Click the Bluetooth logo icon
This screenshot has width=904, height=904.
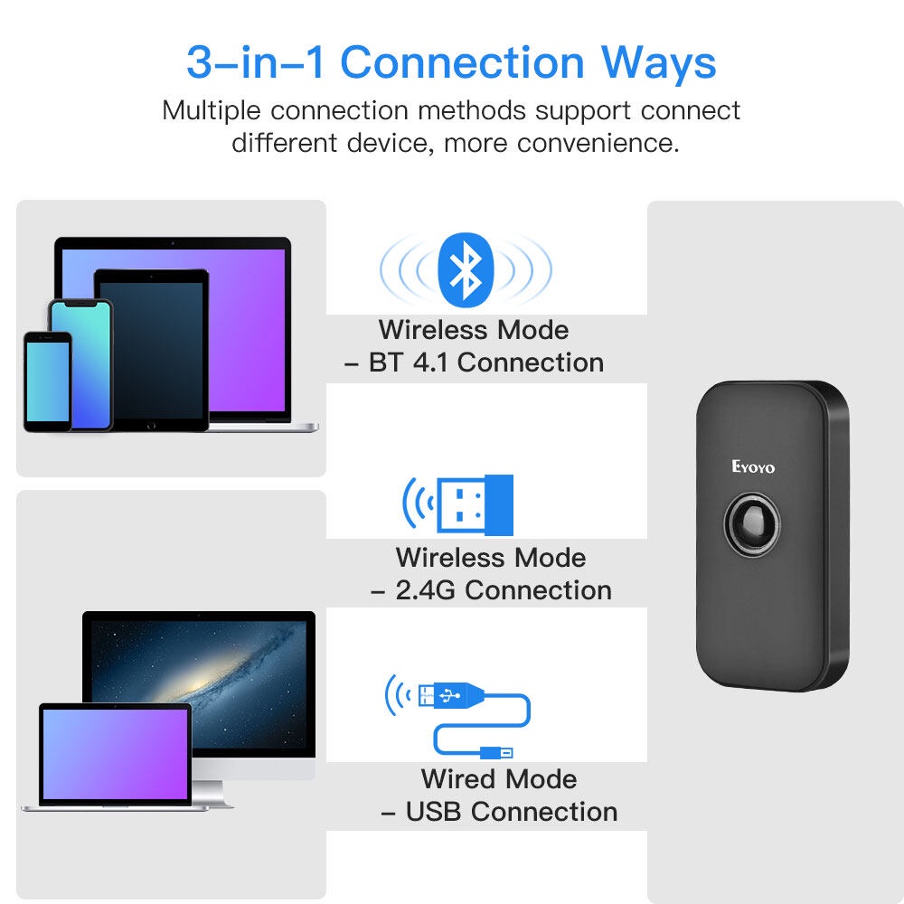point(466,269)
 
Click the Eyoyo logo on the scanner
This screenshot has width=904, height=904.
point(753,466)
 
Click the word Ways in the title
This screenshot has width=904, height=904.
point(658,63)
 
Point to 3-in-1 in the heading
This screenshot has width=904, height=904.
point(256,61)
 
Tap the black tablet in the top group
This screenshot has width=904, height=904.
point(151,350)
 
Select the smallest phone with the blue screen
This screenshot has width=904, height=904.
point(48,381)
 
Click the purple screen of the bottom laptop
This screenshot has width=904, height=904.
point(116,754)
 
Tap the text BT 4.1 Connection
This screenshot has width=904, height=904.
point(486,363)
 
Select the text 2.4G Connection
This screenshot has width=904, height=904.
point(504,590)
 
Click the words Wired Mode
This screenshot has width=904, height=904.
point(499,779)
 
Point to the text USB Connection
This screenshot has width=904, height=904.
point(512,812)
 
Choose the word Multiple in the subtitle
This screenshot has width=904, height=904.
point(211,110)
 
